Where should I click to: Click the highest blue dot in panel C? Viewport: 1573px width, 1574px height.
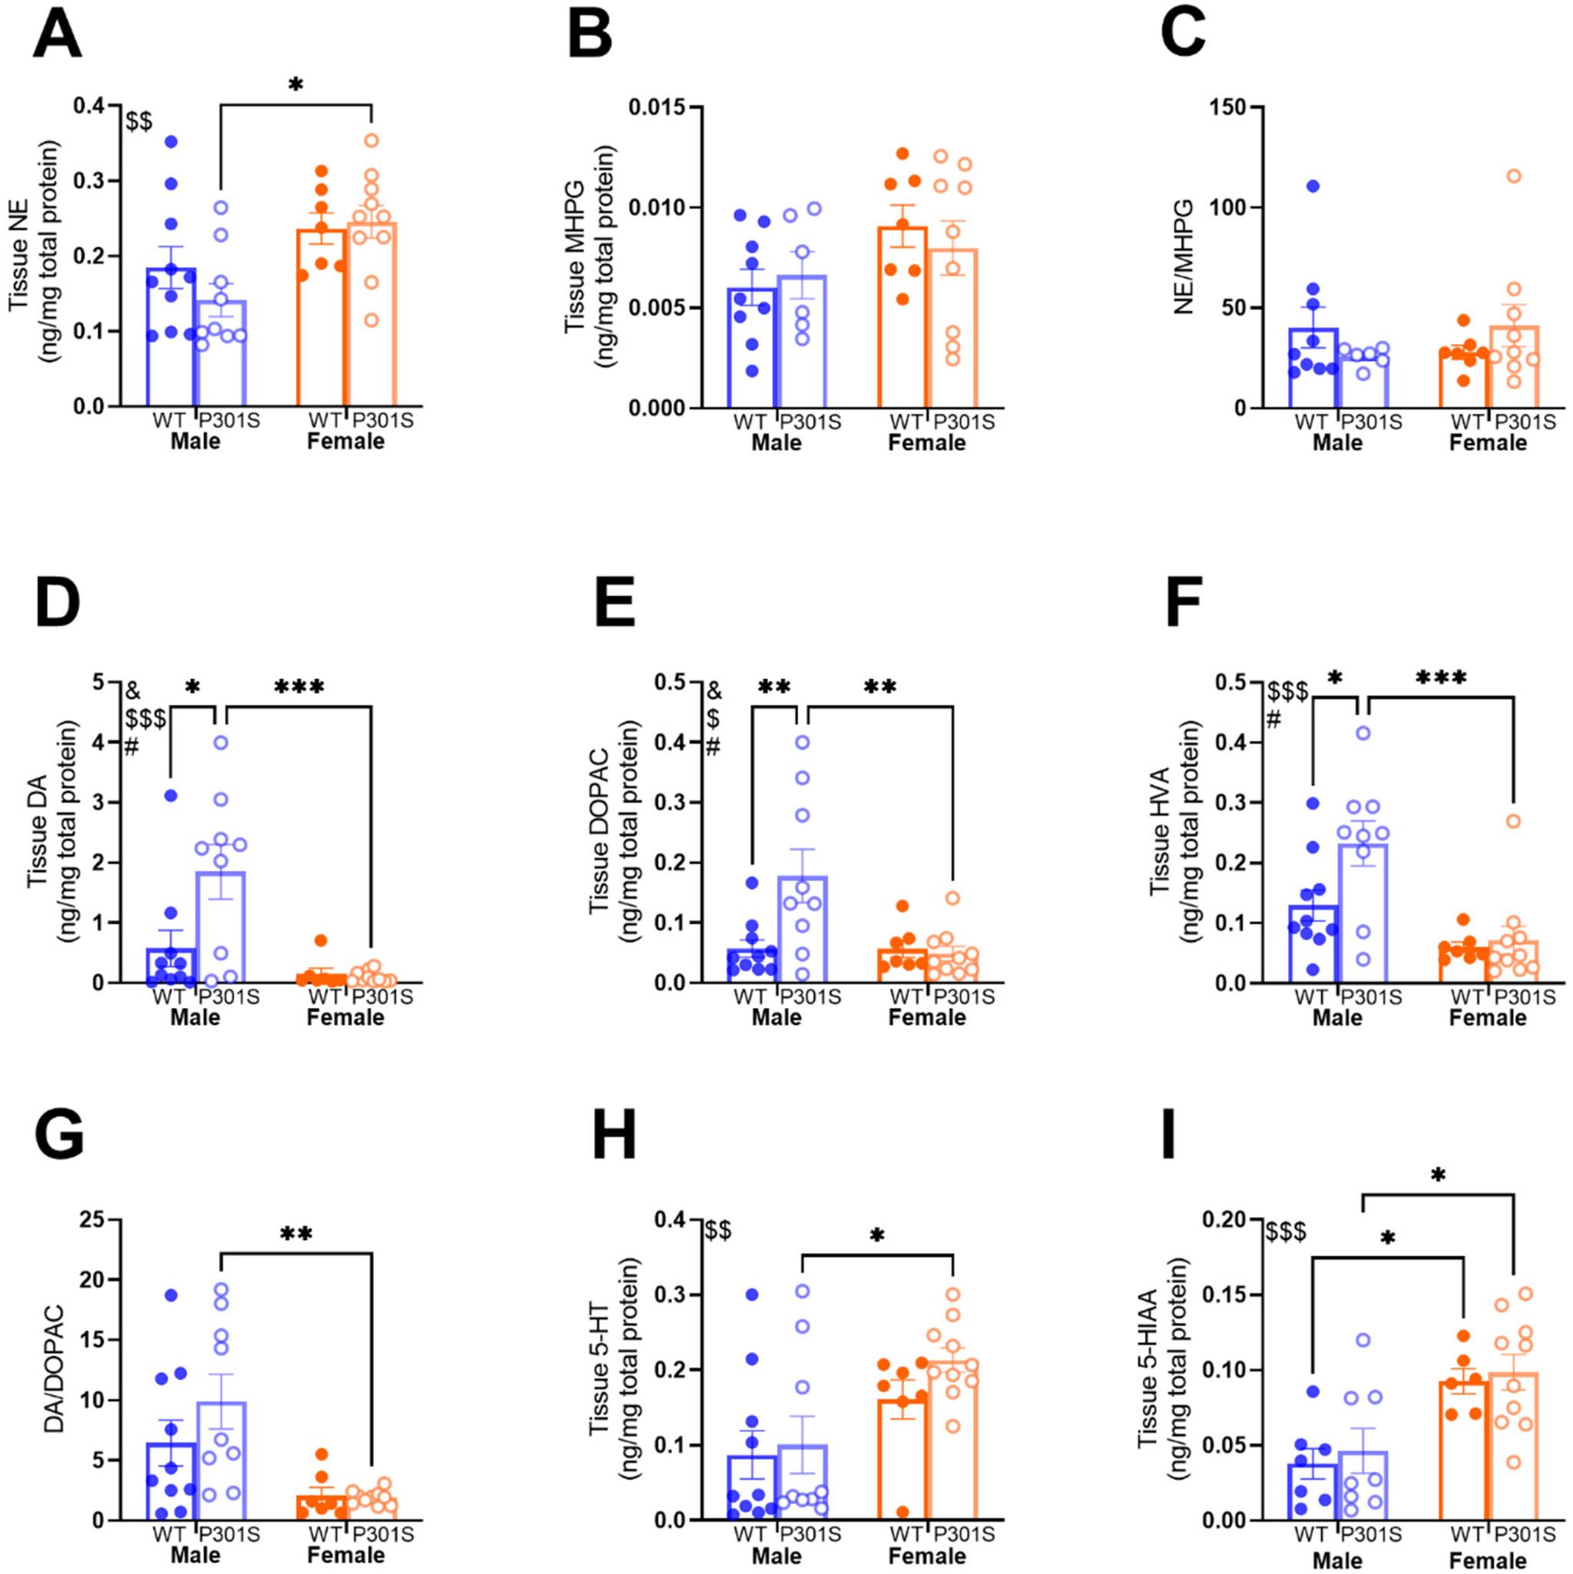pyautogui.click(x=1313, y=186)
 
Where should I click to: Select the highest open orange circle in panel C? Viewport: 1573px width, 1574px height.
pyautogui.click(x=1514, y=176)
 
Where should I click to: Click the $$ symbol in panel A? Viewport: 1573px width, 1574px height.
pyautogui.click(x=138, y=122)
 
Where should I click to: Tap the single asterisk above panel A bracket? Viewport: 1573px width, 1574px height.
pyautogui.click(x=296, y=85)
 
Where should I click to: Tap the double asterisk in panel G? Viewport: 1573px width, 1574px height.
pyautogui.click(x=296, y=1234)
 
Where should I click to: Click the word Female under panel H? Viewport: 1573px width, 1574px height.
pyautogui.click(x=926, y=1556)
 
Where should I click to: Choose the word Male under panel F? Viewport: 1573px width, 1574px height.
pyautogui.click(x=1337, y=1017)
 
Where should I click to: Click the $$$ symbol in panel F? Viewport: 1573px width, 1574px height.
pyautogui.click(x=1288, y=692)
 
